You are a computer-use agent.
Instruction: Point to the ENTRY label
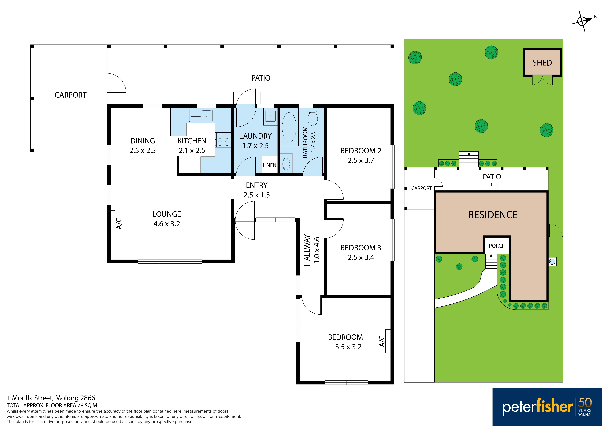(x=256, y=185)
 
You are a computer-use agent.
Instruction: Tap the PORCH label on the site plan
(x=497, y=246)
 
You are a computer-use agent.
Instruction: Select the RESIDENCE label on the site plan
(x=493, y=215)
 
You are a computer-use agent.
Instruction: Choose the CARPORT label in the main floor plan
(x=71, y=95)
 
